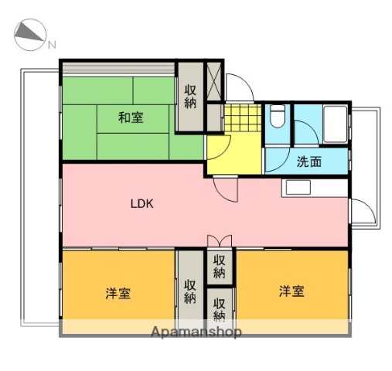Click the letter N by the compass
[53, 44]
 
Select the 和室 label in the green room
[131, 117]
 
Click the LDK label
[142, 204]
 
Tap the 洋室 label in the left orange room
[118, 294]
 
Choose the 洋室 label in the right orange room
[291, 291]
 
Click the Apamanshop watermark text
[196, 332]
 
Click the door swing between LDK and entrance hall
[227, 189]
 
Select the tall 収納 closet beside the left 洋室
[189, 291]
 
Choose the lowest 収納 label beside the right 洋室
[220, 308]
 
